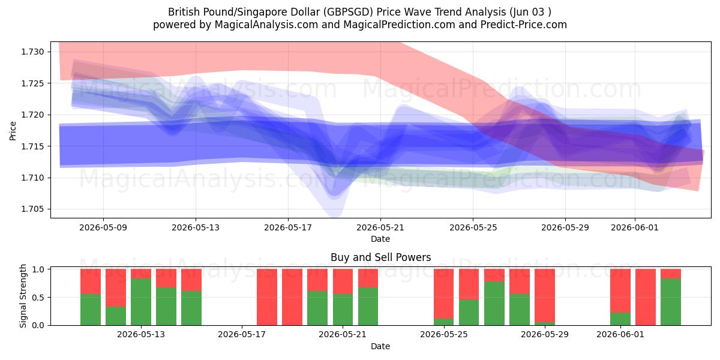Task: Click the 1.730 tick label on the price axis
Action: [x=32, y=52]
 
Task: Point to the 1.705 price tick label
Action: [x=32, y=209]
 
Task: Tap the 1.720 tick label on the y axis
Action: [x=32, y=115]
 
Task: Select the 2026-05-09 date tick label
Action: [x=103, y=227]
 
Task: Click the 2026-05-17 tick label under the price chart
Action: [x=288, y=227]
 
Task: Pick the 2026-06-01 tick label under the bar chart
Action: [x=620, y=335]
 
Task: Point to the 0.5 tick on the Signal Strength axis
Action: [x=38, y=298]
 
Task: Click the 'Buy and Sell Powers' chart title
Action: [x=380, y=257]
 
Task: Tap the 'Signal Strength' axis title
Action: [x=23, y=296]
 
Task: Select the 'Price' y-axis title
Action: [x=13, y=131]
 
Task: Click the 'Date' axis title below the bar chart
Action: [x=380, y=346]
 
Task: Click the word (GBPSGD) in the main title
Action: [x=349, y=12]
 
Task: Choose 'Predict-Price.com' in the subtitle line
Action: [x=524, y=25]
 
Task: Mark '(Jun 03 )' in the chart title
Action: [x=530, y=12]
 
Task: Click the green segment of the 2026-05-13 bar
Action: [x=141, y=302]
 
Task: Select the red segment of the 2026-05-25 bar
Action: [x=444, y=294]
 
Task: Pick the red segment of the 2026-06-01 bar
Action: [x=620, y=291]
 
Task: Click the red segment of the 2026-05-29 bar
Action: [x=545, y=296]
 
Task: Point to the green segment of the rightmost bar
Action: [x=671, y=302]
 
